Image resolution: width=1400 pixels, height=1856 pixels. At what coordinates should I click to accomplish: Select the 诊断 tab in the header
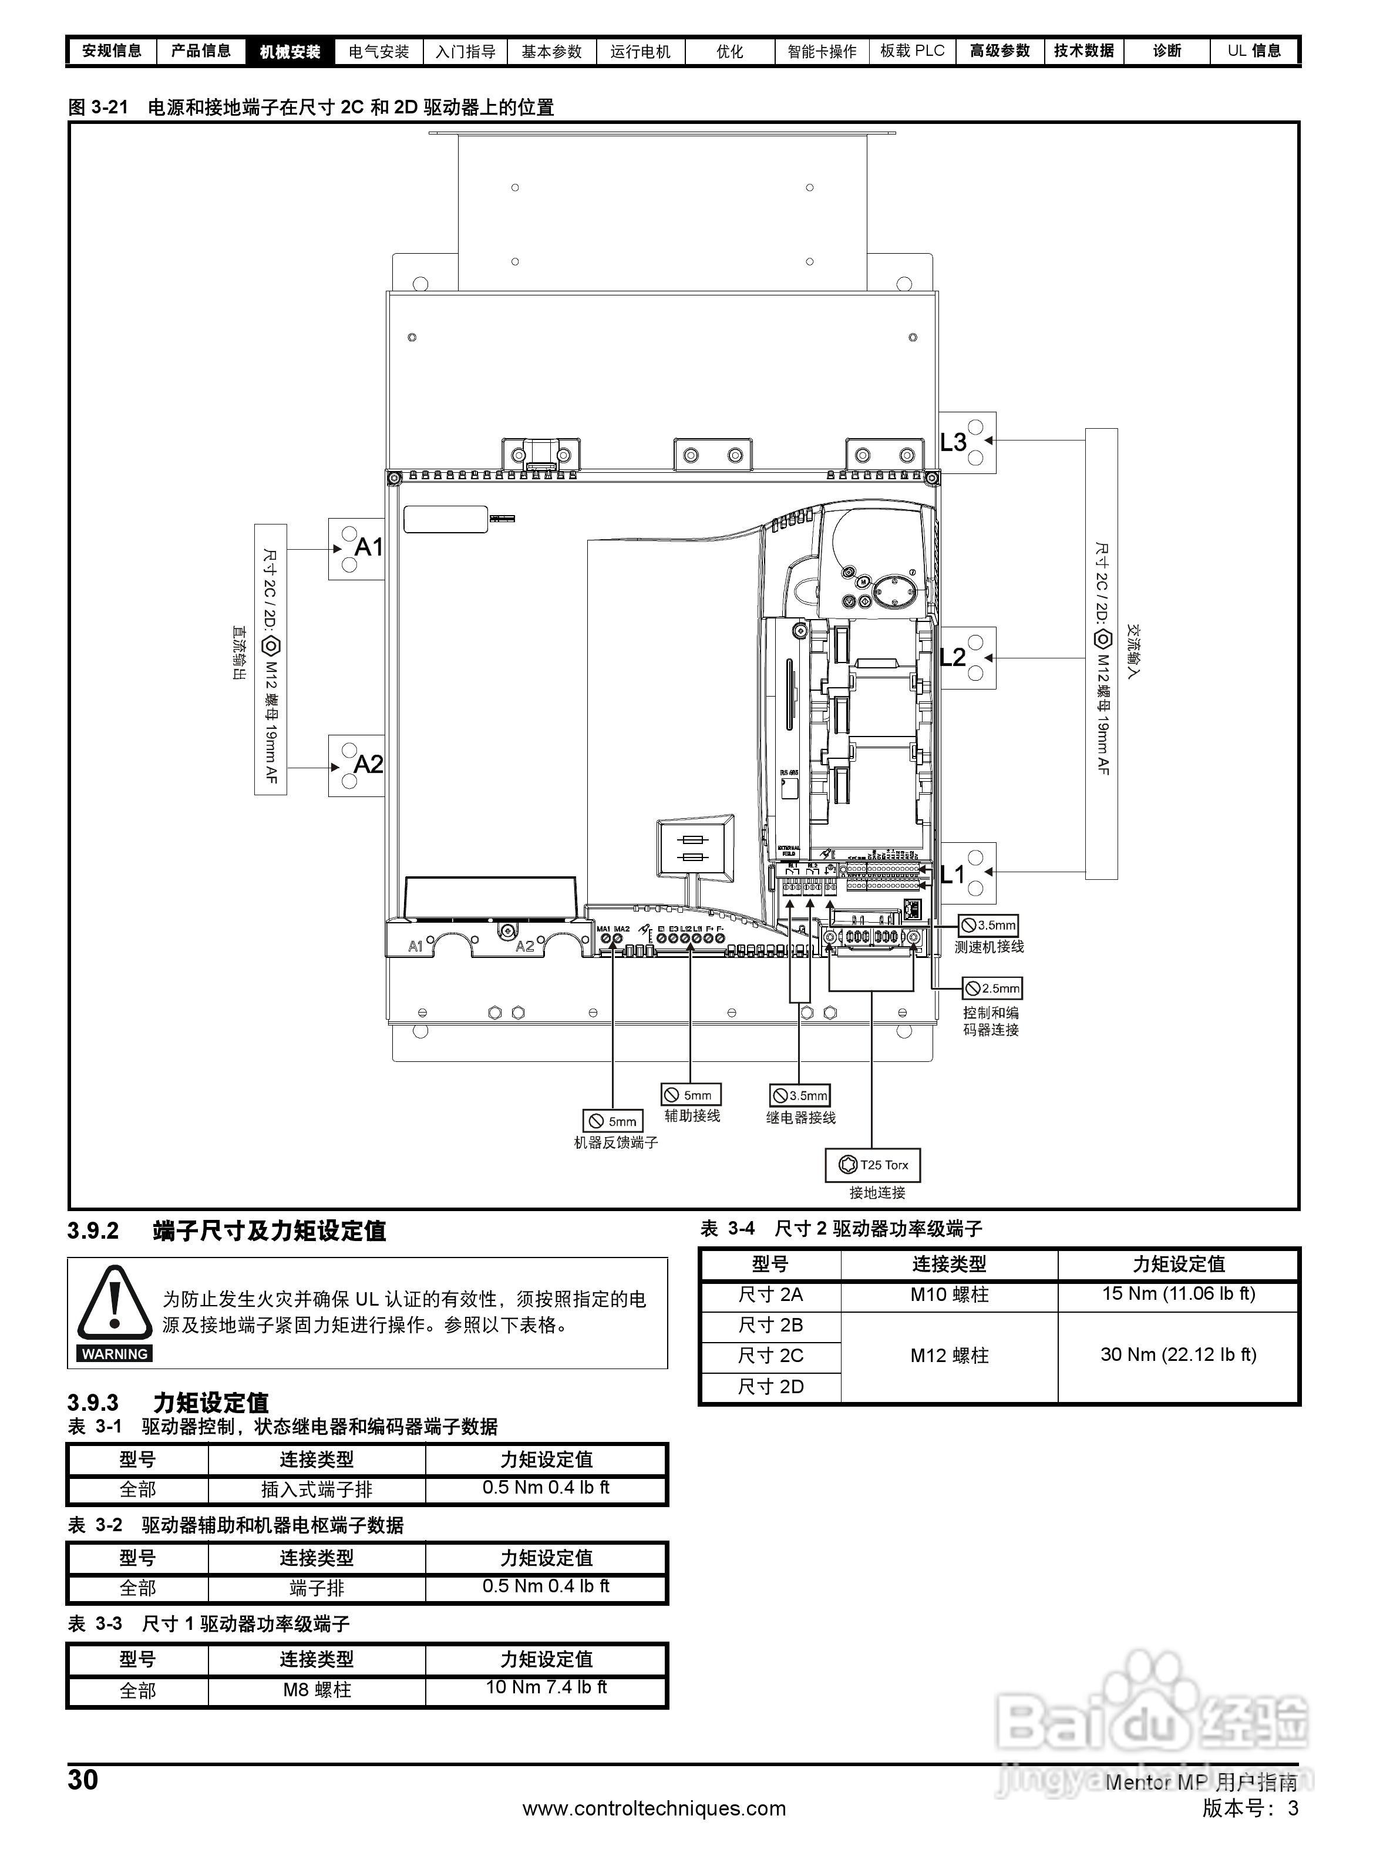click(x=1167, y=51)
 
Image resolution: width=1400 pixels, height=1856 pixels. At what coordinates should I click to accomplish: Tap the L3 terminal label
click(x=953, y=442)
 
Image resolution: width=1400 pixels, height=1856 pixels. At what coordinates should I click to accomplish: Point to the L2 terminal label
click(x=953, y=657)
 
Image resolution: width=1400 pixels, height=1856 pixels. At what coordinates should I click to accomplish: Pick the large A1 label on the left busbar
click(x=369, y=547)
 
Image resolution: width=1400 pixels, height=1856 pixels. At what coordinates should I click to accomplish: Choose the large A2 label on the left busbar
click(x=368, y=764)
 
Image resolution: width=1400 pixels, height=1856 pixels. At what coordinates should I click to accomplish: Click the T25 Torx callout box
click(x=873, y=1165)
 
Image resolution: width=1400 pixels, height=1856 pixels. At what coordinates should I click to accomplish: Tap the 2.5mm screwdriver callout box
click(x=992, y=988)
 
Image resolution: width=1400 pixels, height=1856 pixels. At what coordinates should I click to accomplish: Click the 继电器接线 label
click(x=800, y=1118)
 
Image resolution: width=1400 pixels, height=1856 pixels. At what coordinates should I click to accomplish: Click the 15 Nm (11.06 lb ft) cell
click(x=1179, y=1294)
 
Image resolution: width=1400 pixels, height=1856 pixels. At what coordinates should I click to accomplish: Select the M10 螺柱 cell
click(x=950, y=1295)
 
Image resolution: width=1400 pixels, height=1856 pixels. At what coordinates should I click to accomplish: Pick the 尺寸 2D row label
click(x=770, y=1387)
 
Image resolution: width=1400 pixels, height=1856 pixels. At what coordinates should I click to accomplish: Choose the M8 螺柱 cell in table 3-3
click(x=317, y=1690)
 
